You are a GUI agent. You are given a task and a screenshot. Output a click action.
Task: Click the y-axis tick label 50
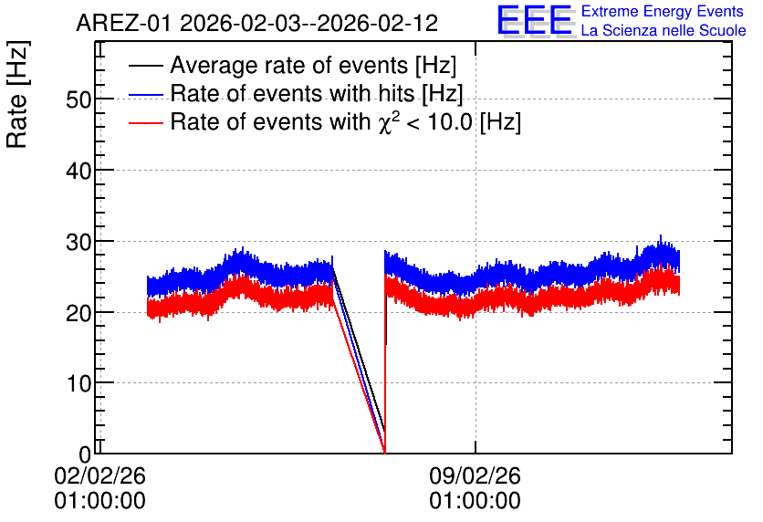pyautogui.click(x=78, y=99)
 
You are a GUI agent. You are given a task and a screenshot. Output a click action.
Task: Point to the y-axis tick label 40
pyautogui.click(x=78, y=171)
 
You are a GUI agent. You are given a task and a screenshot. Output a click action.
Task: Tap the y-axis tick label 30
pyautogui.click(x=78, y=242)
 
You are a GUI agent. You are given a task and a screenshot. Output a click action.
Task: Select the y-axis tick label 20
pyautogui.click(x=78, y=313)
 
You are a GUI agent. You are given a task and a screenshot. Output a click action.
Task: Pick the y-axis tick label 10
pyautogui.click(x=78, y=384)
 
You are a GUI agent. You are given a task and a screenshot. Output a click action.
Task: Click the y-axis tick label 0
pyautogui.click(x=85, y=454)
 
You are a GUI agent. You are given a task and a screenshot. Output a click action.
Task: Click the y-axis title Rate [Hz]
pyautogui.click(x=17, y=94)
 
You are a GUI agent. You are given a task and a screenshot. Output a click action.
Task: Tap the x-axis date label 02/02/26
pyautogui.click(x=99, y=475)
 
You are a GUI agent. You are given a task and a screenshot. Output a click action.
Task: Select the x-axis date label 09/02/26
pyautogui.click(x=475, y=475)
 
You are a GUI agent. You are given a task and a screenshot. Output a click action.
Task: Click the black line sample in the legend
pyautogui.click(x=145, y=66)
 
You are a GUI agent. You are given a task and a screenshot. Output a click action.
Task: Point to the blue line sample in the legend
pyautogui.click(x=145, y=95)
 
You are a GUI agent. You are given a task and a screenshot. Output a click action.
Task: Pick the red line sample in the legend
pyautogui.click(x=145, y=122)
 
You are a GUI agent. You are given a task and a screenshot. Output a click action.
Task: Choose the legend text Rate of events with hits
pyautogui.click(x=293, y=93)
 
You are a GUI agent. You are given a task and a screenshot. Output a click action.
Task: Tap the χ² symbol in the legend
pyautogui.click(x=386, y=121)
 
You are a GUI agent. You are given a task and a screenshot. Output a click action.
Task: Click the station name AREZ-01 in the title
pyautogui.click(x=123, y=24)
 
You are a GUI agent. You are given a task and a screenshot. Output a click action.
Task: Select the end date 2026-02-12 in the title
pyautogui.click(x=378, y=24)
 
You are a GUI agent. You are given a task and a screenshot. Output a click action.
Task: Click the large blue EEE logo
pyautogui.click(x=535, y=20)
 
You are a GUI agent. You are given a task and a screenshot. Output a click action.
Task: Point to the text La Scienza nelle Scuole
pyautogui.click(x=664, y=30)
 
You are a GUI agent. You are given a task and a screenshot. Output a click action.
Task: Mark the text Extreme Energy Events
pyautogui.click(x=663, y=11)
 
